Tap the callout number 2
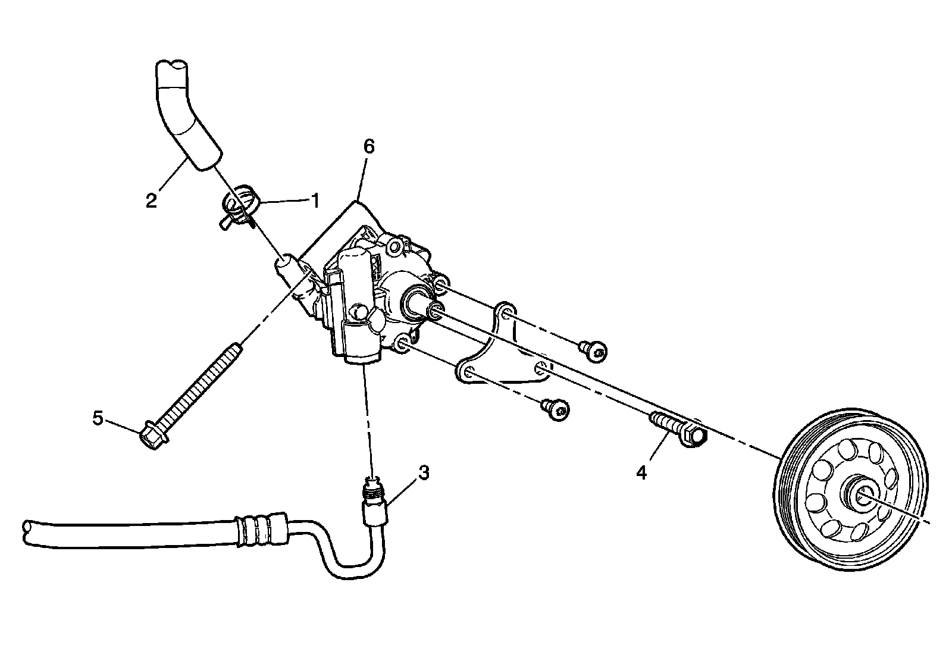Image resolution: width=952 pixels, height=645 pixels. (151, 200)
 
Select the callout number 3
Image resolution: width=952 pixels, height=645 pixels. (423, 473)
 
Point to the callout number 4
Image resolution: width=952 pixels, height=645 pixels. (641, 472)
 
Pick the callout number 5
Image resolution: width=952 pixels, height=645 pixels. (98, 418)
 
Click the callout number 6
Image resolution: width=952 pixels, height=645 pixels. (369, 146)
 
